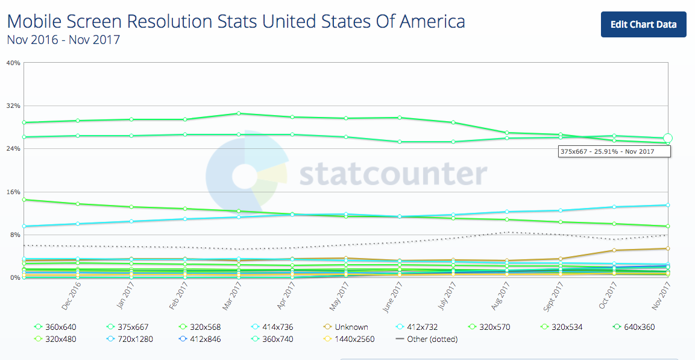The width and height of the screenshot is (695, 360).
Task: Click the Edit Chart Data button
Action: [x=643, y=25]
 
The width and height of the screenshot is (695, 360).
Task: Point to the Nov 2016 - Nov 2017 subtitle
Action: [x=63, y=40]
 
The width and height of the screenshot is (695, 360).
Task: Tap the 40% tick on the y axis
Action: [x=13, y=63]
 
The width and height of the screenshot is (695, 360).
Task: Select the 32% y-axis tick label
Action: [x=13, y=106]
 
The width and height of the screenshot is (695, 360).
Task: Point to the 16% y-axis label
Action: [x=13, y=192]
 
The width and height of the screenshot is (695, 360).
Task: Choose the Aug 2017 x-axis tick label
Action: [x=500, y=297]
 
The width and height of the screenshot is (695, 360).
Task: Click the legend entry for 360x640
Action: [x=56, y=327]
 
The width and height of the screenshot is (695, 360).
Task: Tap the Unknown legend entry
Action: [x=345, y=327]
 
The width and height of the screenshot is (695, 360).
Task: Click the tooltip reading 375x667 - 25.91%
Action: [x=614, y=151]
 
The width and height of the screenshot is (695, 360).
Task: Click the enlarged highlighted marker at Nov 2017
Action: [x=668, y=138]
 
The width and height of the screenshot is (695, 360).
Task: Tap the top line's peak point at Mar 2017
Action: [x=239, y=113]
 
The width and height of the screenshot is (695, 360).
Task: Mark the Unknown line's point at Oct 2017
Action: [x=614, y=250]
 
